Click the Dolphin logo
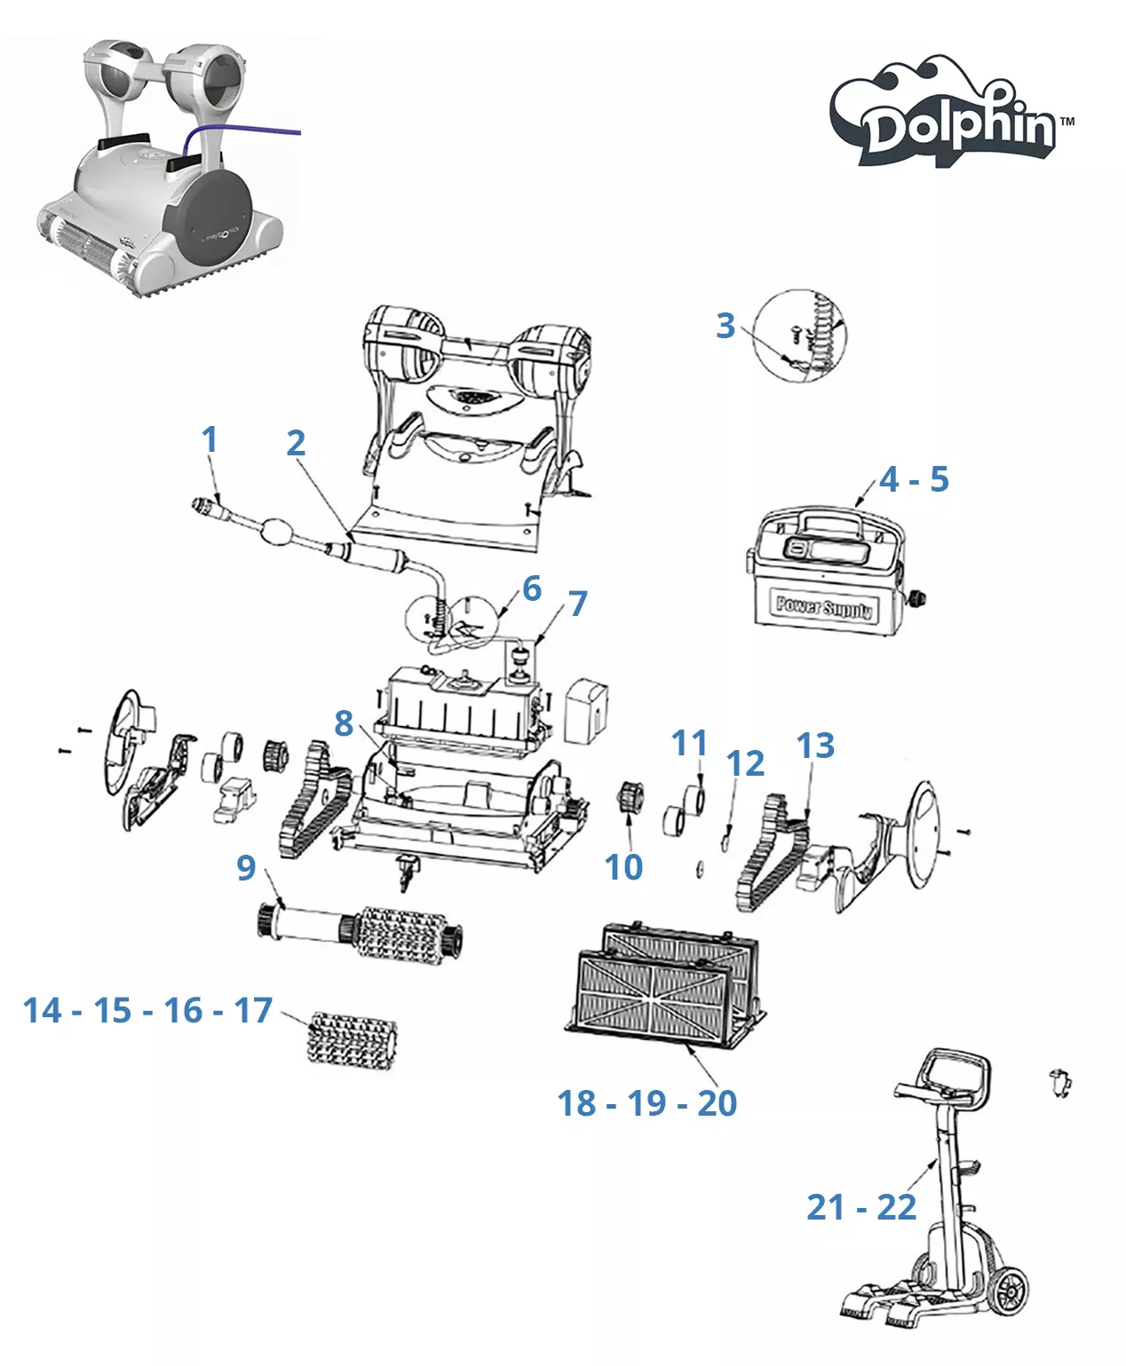(x=952, y=115)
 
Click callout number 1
(x=210, y=439)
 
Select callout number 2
(x=296, y=443)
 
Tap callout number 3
(x=726, y=326)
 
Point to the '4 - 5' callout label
(x=914, y=480)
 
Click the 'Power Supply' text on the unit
(x=823, y=607)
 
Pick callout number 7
(x=579, y=604)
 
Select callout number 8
(x=344, y=723)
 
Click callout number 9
(x=246, y=867)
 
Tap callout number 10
(x=623, y=867)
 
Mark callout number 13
(x=815, y=746)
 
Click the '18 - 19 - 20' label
(x=646, y=1103)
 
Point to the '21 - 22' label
(x=860, y=1207)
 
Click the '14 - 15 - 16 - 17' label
(x=147, y=1010)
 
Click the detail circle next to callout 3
(x=799, y=336)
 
